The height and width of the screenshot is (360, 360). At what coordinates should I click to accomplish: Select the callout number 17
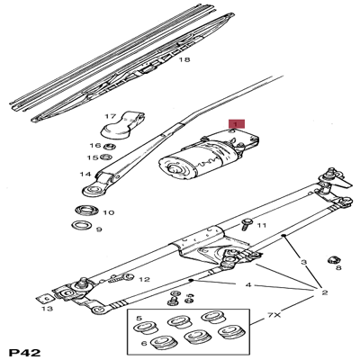pyautogui.click(x=111, y=116)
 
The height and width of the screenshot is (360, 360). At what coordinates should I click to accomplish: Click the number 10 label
pyautogui.click(x=108, y=213)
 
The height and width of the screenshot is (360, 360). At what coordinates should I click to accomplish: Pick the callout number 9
pyautogui.click(x=99, y=229)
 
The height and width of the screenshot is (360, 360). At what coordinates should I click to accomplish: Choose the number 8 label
pyautogui.click(x=338, y=267)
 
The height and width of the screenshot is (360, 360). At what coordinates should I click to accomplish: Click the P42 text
pyautogui.click(x=26, y=350)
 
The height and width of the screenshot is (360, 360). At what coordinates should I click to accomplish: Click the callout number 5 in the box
pyautogui.click(x=139, y=318)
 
